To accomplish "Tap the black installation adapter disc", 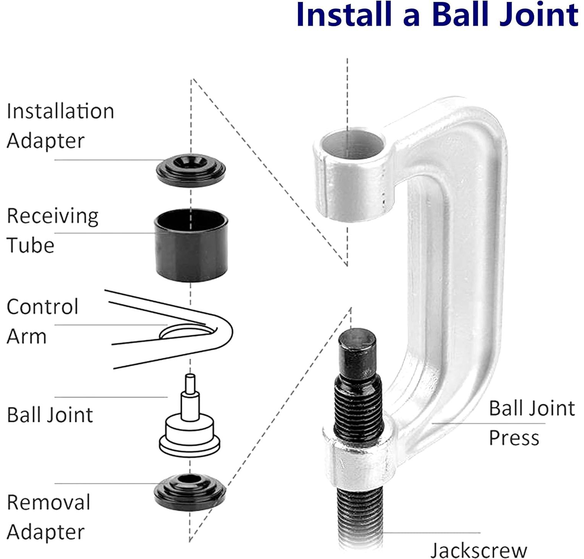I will [191, 170].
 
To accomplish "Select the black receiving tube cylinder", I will [191, 244].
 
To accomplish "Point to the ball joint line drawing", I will [190, 428].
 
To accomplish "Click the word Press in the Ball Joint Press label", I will [514, 438].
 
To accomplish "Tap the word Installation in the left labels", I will [60, 111].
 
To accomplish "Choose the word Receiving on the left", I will [53, 216].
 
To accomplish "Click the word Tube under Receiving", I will [31, 245].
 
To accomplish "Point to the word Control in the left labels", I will [42, 307].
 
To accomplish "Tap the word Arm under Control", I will [26, 336].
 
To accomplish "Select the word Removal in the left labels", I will [49, 502].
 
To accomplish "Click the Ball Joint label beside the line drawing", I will [50, 415].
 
